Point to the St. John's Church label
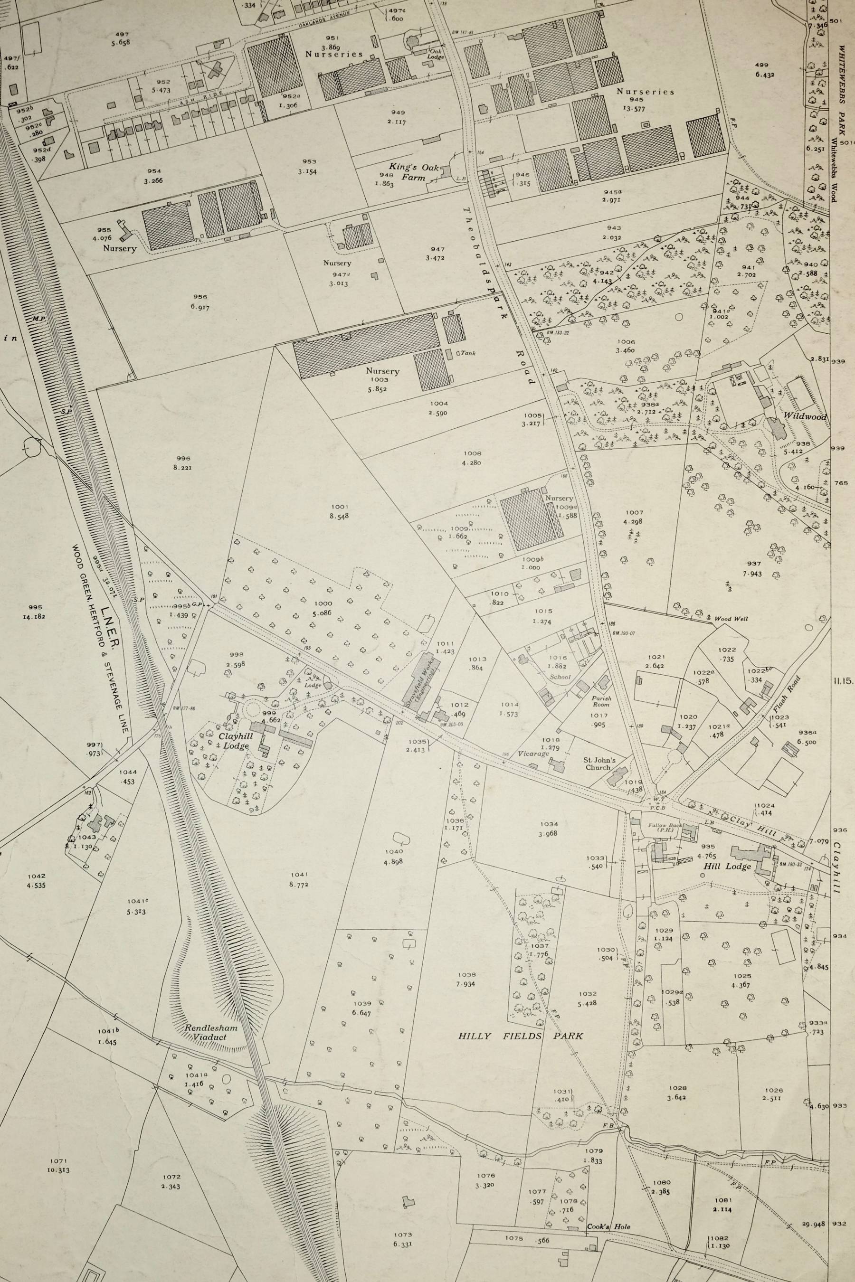(600, 764)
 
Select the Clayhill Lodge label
(235, 740)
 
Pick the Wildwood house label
(804, 417)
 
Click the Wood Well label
(731, 619)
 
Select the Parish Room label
(601, 701)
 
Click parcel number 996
(183, 458)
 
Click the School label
(560, 678)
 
